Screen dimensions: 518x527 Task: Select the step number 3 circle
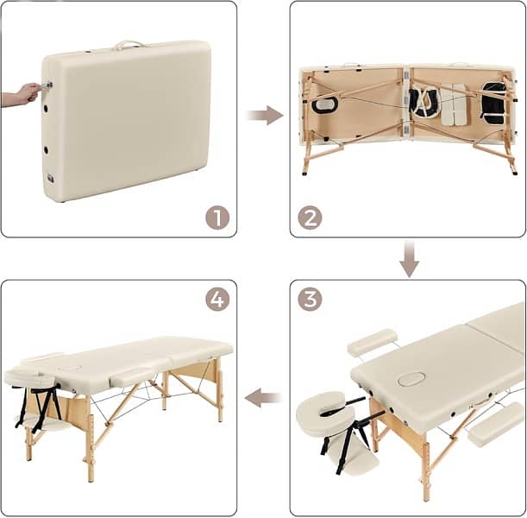310,300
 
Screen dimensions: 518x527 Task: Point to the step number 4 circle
217,300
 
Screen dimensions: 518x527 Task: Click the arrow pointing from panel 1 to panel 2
264,115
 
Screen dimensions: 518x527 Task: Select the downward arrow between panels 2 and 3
409,258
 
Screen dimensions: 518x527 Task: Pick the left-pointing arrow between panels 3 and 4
264,398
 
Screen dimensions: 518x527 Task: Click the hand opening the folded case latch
22,93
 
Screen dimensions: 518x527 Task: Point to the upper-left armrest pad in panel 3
373,342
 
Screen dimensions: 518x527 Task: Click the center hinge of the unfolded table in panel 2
406,103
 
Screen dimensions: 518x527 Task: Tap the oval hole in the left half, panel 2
325,105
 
